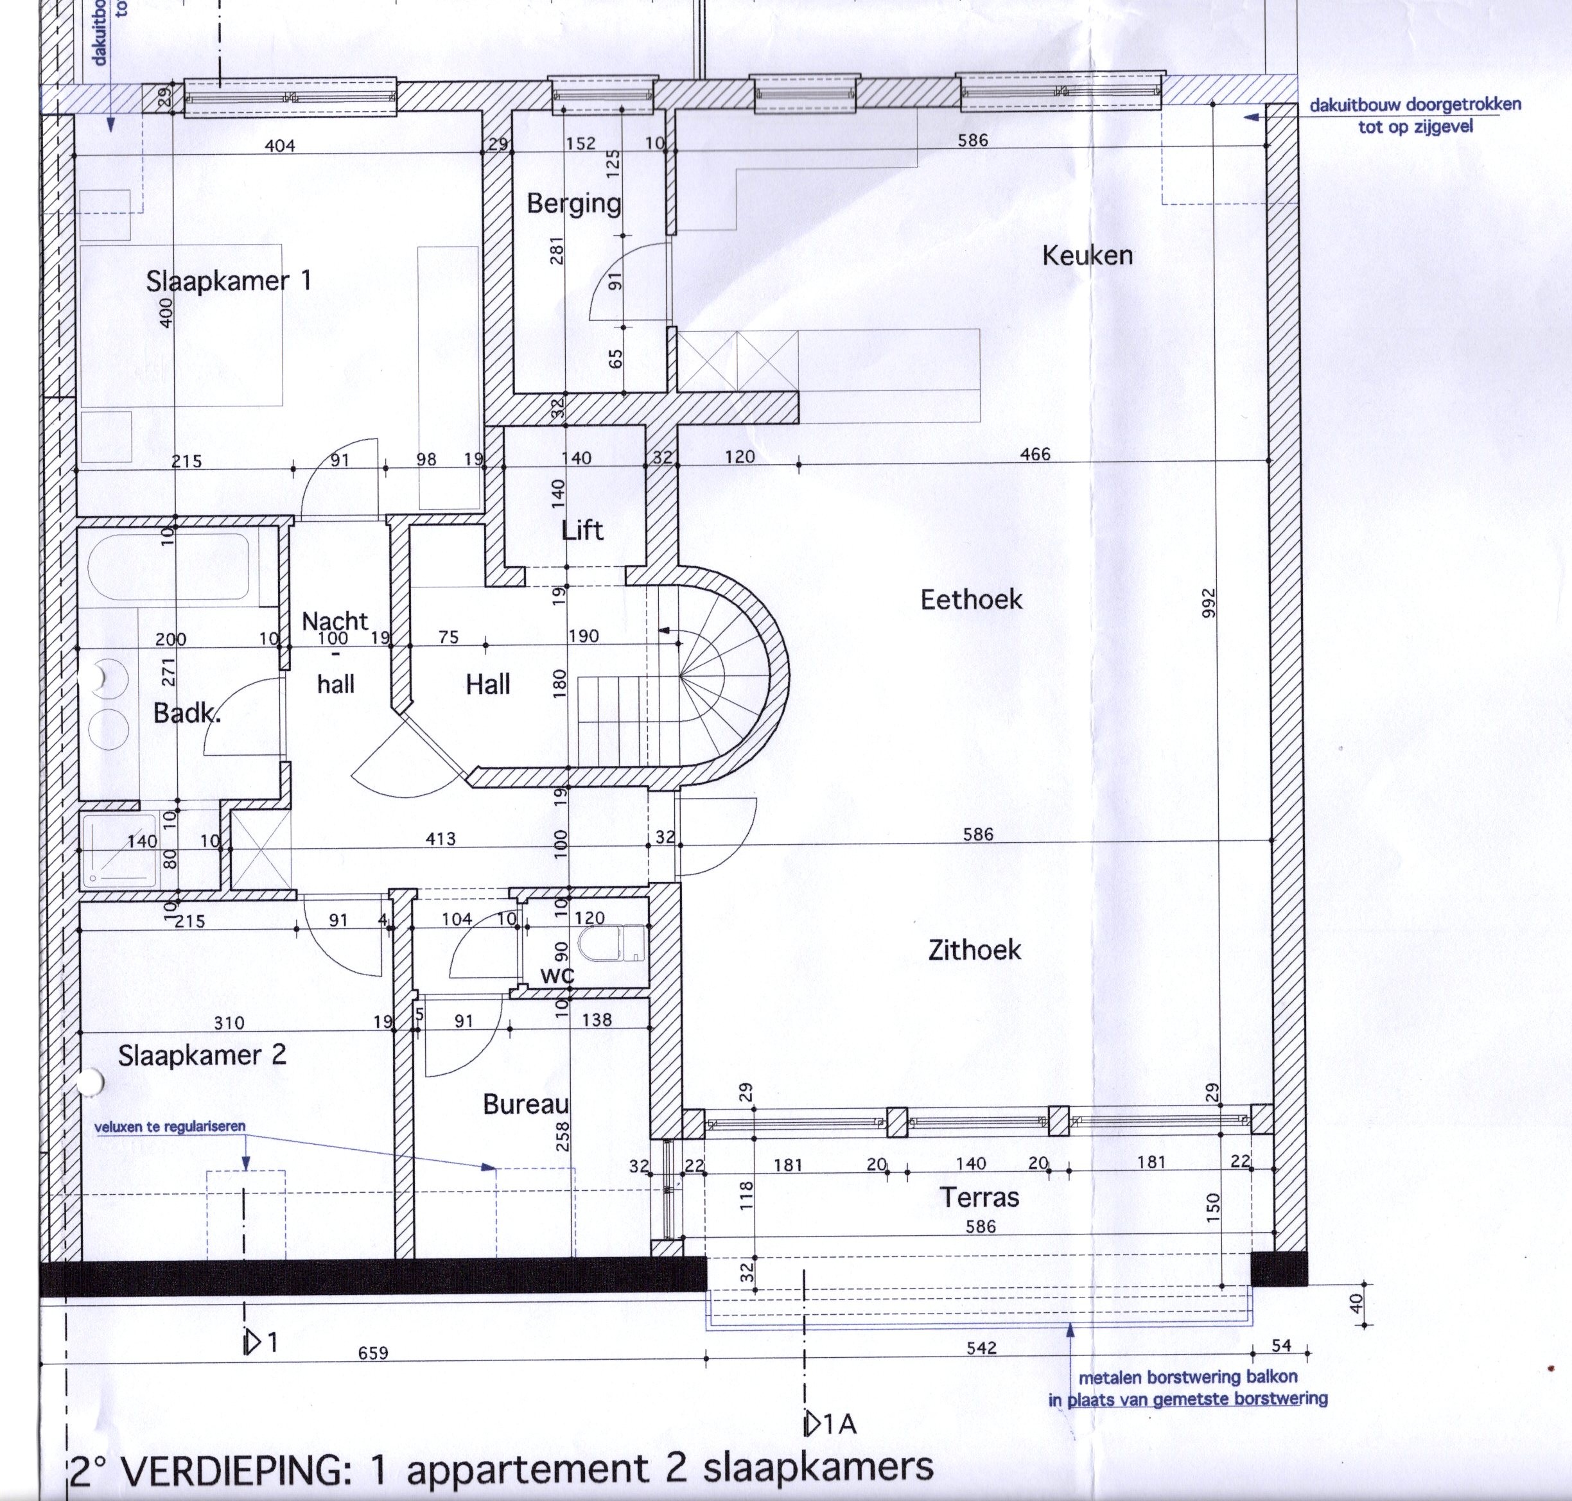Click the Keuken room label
(1087, 256)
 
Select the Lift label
(582, 530)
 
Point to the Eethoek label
(971, 599)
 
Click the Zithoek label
(974, 950)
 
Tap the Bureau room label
(526, 1104)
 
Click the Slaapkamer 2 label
(202, 1055)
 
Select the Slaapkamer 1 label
(228, 281)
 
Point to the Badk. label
(186, 713)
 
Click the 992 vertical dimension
(1208, 603)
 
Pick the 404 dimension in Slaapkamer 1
(279, 146)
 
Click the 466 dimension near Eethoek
(1035, 455)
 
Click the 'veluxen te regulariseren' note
(170, 1127)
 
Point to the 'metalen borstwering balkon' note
(1188, 1377)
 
